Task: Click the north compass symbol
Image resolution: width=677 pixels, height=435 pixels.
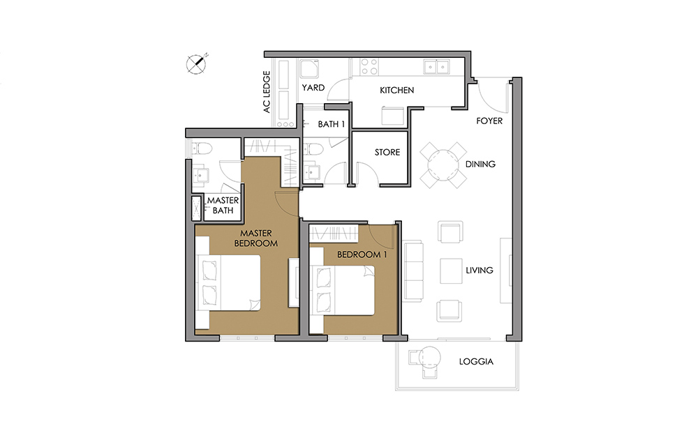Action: [196, 64]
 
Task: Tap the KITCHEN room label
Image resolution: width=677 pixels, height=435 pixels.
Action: [397, 90]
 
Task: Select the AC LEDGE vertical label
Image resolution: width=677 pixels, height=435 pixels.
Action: [267, 92]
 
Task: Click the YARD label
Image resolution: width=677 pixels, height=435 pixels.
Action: [313, 88]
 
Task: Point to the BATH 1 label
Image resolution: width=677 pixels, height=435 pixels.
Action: [331, 124]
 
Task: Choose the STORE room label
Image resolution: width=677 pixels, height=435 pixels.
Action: [387, 152]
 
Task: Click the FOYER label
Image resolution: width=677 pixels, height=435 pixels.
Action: [489, 121]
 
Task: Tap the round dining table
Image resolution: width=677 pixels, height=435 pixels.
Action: [443, 165]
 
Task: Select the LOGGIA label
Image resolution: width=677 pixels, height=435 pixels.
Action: [476, 362]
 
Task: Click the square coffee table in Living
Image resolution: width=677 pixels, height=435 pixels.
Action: [451, 270]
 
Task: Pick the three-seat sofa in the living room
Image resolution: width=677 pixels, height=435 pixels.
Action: [413, 271]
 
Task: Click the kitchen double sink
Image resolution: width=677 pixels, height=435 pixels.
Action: [436, 67]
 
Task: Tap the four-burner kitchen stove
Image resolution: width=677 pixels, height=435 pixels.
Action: [369, 67]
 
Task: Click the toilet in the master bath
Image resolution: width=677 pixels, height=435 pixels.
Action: [202, 149]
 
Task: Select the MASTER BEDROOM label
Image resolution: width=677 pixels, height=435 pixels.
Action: [256, 238]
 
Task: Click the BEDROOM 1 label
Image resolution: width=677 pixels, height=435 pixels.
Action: [362, 254]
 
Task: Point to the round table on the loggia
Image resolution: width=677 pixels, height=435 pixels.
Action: [430, 357]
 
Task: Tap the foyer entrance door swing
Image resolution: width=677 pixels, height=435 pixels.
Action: [493, 97]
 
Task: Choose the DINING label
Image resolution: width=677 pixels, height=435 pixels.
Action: [480, 165]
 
